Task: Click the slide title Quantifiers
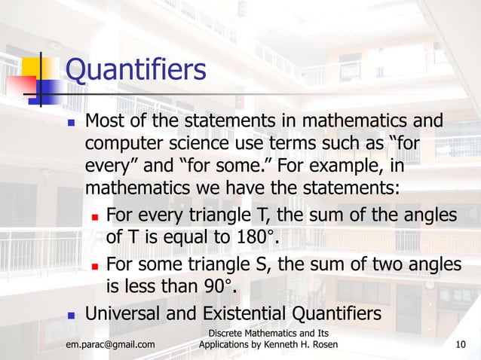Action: [x=136, y=70]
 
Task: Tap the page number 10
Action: [x=461, y=345]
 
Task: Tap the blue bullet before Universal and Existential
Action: [x=71, y=313]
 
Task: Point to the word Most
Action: [x=105, y=121]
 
